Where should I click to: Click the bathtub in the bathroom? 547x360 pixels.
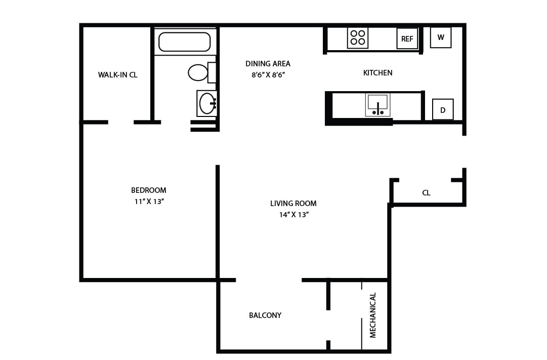tap(184, 42)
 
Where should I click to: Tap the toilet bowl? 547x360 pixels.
tap(198, 72)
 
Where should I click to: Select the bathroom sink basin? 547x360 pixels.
tap(206, 103)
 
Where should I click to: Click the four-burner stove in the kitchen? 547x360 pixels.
tap(357, 38)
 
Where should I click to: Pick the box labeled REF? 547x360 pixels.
tap(407, 39)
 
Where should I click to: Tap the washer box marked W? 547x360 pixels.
tap(440, 37)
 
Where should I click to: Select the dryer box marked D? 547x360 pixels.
tap(442, 110)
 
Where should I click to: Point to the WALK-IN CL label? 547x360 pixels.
tap(117, 75)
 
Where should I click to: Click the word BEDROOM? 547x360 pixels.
tap(148, 190)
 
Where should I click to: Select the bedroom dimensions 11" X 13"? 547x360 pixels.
tap(148, 202)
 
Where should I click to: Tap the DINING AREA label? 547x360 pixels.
tap(268, 64)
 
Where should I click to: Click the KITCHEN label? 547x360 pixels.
tap(377, 73)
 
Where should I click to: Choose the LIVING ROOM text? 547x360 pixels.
tap(293, 204)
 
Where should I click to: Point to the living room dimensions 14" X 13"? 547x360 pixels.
tap(293, 215)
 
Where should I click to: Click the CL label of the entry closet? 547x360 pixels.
tap(426, 193)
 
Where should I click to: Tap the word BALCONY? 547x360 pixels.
tap(265, 315)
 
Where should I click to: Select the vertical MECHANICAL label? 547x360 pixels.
tap(373, 315)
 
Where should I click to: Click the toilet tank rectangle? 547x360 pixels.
tap(212, 72)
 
